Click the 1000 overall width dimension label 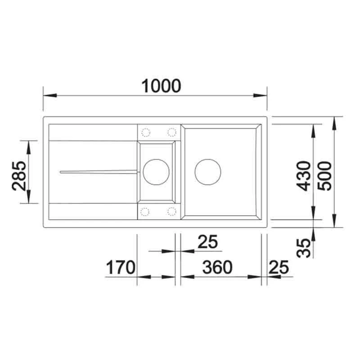point(161,86)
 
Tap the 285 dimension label point(19,176)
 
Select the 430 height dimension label point(303,176)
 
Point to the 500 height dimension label point(324,176)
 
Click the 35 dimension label point(303,248)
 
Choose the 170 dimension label point(121,267)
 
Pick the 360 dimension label point(217,267)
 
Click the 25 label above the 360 point(207,242)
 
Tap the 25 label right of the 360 point(279,267)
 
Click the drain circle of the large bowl point(208,172)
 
